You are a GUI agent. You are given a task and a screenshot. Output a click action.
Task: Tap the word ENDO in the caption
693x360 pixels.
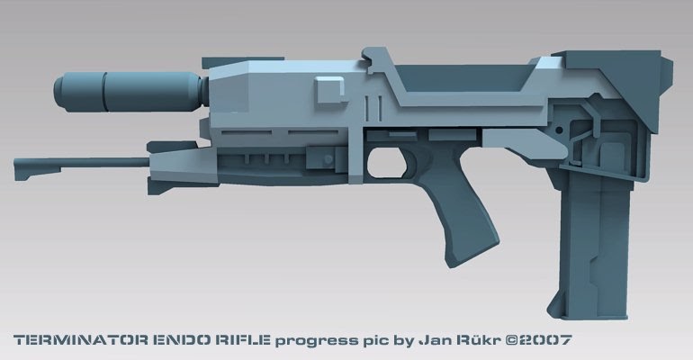tap(172, 340)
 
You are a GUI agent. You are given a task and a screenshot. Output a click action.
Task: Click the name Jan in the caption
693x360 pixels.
tap(434, 340)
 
